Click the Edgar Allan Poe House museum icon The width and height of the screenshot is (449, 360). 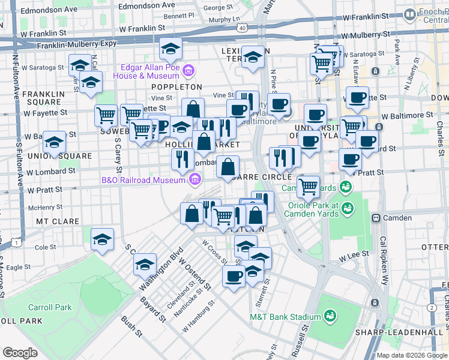click(188, 71)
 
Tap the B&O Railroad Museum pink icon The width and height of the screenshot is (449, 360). click(194, 179)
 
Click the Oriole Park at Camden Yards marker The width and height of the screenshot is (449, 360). click(346, 208)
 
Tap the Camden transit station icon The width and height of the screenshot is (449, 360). click(378, 218)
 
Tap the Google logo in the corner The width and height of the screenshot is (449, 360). click(20, 353)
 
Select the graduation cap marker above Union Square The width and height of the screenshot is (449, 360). click(55, 143)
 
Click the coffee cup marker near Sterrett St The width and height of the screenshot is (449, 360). click(234, 277)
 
